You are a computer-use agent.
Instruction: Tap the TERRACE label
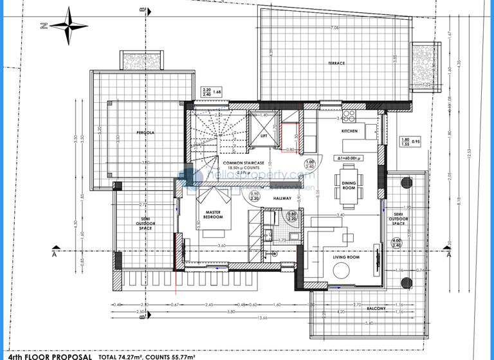(x=336, y=63)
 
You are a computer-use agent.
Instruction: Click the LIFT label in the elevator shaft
(x=263, y=136)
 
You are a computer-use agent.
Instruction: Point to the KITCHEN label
(x=349, y=130)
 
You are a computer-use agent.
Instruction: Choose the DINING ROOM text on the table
(x=349, y=184)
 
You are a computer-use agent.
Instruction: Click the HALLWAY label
(x=283, y=199)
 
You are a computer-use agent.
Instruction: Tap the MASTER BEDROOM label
(x=214, y=215)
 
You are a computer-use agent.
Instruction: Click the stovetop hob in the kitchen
(x=350, y=116)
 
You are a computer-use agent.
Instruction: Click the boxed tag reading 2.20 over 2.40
(x=207, y=93)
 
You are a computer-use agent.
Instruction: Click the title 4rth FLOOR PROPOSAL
(x=46, y=355)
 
